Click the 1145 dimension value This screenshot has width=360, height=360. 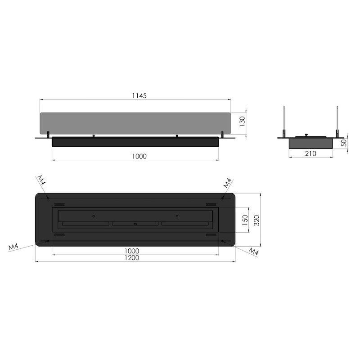click(x=139, y=96)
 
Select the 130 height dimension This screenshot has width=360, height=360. click(x=242, y=122)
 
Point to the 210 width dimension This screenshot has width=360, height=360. click(x=310, y=153)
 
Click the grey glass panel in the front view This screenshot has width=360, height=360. click(x=135, y=122)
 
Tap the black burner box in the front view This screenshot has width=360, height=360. click(x=135, y=141)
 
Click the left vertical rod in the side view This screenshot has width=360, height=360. click(x=284, y=121)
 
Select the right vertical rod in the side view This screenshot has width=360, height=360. click(x=337, y=121)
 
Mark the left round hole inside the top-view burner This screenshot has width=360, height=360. click(x=93, y=215)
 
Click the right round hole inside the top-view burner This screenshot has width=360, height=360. click(x=177, y=215)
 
